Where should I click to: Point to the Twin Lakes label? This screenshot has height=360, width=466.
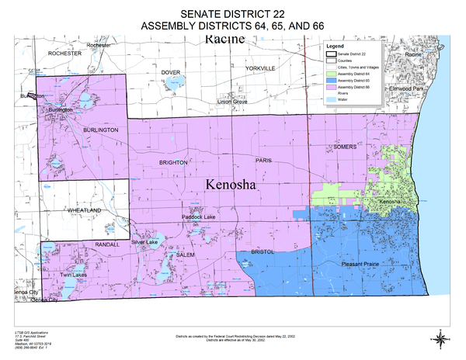68,275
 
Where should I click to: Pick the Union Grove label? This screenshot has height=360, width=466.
232,102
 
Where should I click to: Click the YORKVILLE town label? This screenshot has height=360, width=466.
260,68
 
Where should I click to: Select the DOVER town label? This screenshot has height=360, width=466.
170,72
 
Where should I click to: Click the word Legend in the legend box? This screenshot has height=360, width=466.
335,47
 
